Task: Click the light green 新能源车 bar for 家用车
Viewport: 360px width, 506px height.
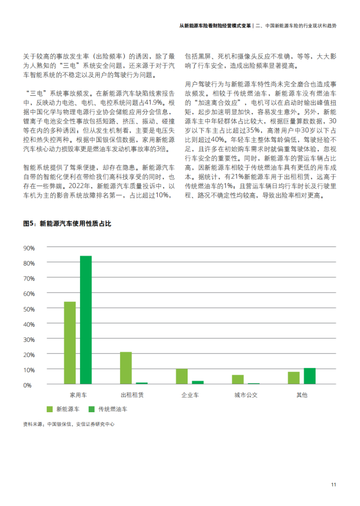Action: tap(69, 343)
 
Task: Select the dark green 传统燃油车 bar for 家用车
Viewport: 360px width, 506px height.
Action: tap(86, 320)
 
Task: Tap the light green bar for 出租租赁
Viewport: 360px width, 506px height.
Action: tap(126, 368)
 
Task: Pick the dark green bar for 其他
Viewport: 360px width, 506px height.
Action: tap(309, 376)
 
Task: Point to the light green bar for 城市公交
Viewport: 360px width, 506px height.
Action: tap(238, 380)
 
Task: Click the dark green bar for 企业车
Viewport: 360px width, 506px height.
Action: tap(198, 383)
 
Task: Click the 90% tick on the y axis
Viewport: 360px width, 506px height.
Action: tap(29, 248)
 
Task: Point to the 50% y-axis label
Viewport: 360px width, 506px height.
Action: tap(29, 309)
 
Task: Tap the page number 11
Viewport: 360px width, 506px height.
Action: tap(334, 485)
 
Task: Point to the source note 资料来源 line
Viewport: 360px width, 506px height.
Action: tap(68, 424)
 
